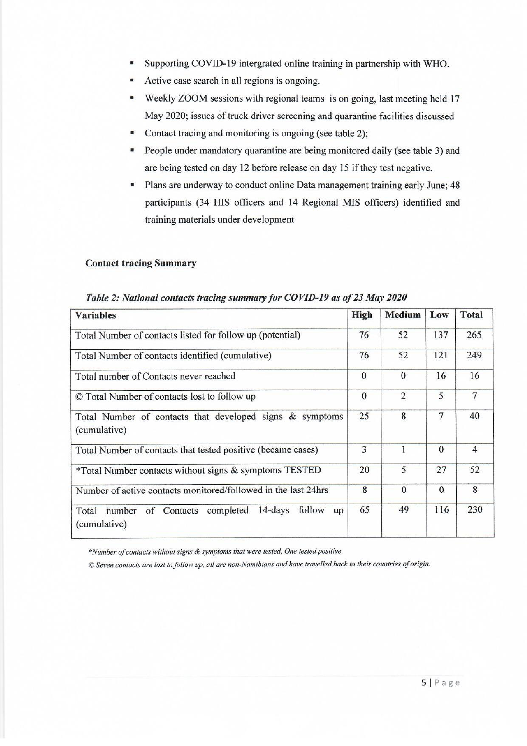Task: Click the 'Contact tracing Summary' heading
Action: click(140, 263)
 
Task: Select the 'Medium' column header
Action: click(403, 315)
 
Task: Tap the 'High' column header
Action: click(362, 315)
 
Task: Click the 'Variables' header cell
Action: click(95, 315)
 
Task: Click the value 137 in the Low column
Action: click(441, 335)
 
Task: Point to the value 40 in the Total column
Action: click(474, 416)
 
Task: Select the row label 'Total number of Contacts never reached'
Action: click(155, 376)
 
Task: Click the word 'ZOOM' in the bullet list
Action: click(192, 99)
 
